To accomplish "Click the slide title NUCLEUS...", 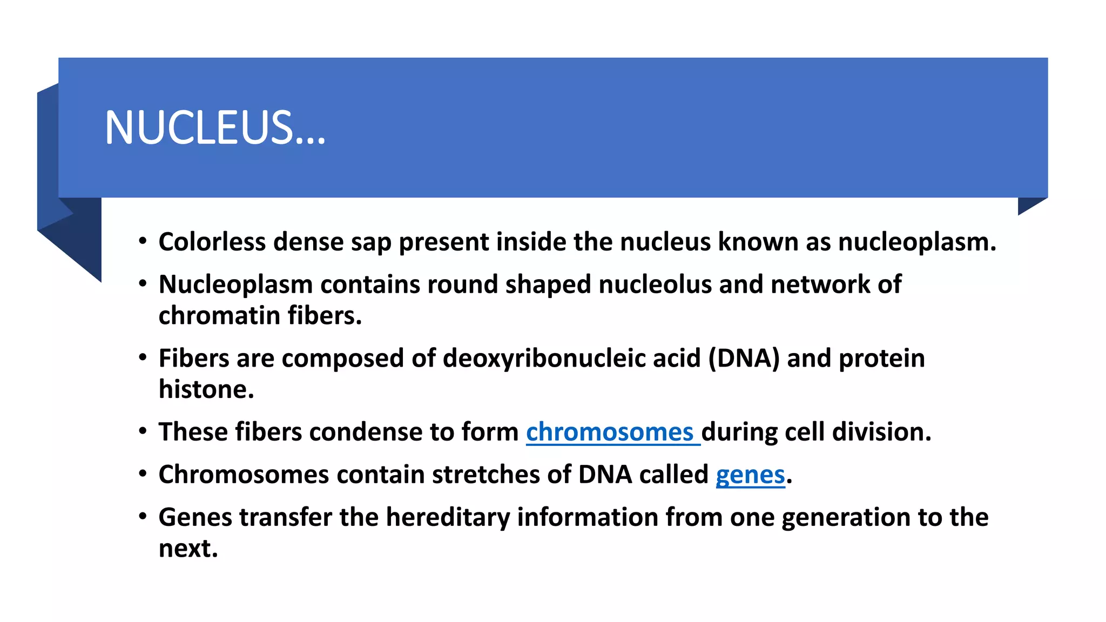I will tap(215, 128).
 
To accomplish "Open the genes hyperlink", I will tap(750, 475).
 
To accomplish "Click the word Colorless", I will tap(212, 241).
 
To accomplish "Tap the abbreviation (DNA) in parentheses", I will tap(744, 359).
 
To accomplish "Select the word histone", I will tap(206, 389).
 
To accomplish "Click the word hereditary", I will tap(448, 517).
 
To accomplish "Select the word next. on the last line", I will tap(188, 549).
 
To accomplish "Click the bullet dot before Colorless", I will tap(143, 241).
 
